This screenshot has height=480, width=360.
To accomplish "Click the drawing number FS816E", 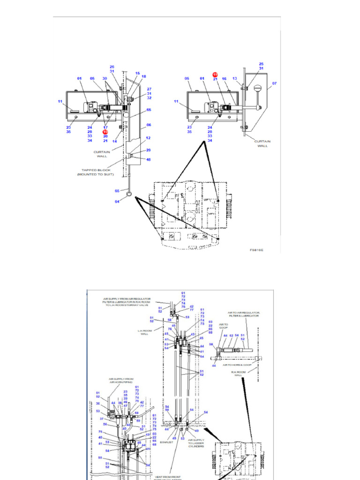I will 256,250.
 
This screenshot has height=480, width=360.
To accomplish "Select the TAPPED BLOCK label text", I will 95,170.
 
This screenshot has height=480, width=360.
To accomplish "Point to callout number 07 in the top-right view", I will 275,83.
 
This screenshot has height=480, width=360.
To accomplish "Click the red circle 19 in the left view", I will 105,132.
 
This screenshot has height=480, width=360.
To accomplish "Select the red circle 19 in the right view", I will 215,75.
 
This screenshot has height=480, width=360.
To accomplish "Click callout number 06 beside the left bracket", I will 149,125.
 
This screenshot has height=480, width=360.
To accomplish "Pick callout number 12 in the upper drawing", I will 148,138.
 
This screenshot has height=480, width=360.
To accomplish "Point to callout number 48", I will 148,159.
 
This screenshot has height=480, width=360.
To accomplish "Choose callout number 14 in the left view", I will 114,141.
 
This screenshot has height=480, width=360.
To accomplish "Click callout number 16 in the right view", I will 224,79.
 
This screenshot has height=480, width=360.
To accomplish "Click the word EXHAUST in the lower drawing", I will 166,441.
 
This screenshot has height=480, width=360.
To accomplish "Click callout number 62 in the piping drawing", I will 231,336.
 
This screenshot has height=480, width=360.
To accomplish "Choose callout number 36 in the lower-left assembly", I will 98,403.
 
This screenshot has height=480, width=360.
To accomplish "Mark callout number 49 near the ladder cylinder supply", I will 197,430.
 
